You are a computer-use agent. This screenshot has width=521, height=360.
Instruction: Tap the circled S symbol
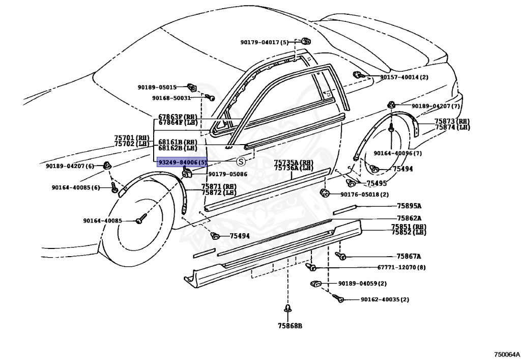[241, 162]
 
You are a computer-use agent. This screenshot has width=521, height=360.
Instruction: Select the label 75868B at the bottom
[290, 326]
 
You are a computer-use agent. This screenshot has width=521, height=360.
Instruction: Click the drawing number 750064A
[506, 354]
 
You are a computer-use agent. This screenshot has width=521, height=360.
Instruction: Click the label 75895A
[409, 206]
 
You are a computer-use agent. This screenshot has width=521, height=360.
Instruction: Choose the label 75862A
[409, 218]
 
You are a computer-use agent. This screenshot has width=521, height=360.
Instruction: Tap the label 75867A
[409, 256]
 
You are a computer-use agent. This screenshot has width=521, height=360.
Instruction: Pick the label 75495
[377, 183]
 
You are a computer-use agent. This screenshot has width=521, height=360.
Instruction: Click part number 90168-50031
[171, 98]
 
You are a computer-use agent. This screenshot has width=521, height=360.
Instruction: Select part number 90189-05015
[157, 88]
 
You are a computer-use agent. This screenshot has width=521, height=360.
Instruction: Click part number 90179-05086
[227, 174]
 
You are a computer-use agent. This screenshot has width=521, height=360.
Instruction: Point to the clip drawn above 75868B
[287, 309]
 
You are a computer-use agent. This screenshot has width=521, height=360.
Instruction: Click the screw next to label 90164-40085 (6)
[114, 187]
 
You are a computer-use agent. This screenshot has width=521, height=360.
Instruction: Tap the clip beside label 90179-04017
[306, 41]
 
